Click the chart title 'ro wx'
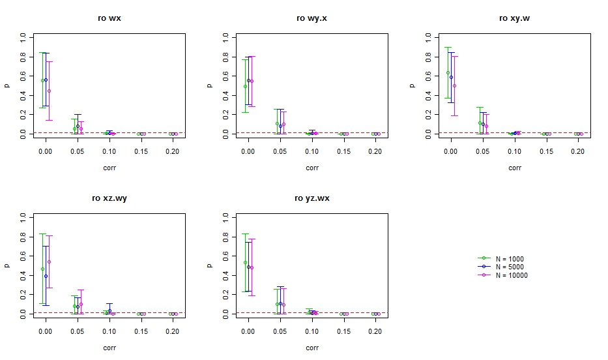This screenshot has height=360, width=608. click(109, 18)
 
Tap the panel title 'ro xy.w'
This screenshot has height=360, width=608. click(514, 18)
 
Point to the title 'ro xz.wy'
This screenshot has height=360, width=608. click(109, 198)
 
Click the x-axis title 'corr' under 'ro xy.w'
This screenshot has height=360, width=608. click(515, 168)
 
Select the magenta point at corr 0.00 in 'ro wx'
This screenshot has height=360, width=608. click(49, 91)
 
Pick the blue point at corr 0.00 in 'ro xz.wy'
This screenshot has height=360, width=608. click(46, 276)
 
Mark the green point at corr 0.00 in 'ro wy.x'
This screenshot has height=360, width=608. click(245, 86)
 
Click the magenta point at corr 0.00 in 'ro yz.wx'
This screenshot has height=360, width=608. click(252, 267)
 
